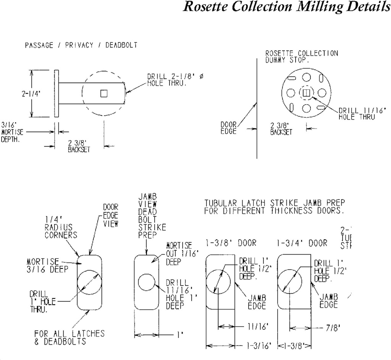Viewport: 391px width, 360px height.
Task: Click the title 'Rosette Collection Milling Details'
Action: coord(287,7)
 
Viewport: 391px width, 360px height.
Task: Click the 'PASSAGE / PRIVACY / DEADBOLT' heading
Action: coord(81,45)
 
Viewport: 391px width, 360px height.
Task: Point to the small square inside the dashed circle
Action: coord(103,94)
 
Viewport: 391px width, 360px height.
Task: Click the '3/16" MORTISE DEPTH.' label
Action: coord(12,132)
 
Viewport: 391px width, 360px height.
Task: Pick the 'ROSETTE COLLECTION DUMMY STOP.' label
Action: coord(302,57)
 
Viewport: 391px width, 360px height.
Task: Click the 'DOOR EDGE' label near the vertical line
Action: coord(229,128)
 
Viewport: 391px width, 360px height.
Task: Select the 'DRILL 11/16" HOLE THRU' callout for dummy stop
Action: coord(357,114)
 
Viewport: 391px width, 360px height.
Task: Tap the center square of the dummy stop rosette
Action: coord(305,93)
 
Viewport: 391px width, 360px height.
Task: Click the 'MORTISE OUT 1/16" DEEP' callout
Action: coord(178,254)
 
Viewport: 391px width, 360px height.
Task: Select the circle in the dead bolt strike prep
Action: coord(146,283)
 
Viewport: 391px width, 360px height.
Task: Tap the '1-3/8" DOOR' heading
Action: coord(231,243)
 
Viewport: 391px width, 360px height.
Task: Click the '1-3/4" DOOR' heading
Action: coord(302,243)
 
